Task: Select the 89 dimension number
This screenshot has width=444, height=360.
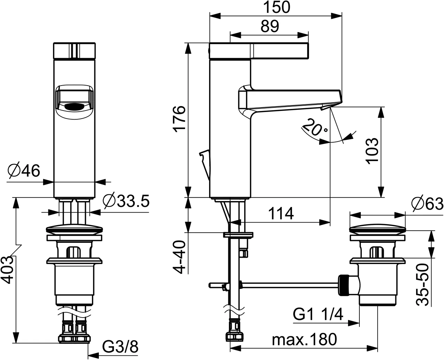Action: pyautogui.click(x=270, y=27)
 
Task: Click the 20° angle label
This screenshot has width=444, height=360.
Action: pyautogui.click(x=314, y=128)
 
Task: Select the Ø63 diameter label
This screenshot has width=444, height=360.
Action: pyautogui.click(x=427, y=204)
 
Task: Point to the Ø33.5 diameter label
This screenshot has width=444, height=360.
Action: pyautogui.click(x=126, y=201)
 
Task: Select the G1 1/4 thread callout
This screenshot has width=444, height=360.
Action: pyautogui.click(x=318, y=315)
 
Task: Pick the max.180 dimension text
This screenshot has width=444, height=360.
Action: pyautogui.click(x=304, y=339)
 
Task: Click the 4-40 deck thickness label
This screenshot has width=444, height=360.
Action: pyautogui.click(x=180, y=257)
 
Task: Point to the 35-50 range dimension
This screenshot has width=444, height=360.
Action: pyautogui.click(x=422, y=284)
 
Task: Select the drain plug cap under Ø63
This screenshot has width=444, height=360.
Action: pyautogui.click(x=378, y=230)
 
